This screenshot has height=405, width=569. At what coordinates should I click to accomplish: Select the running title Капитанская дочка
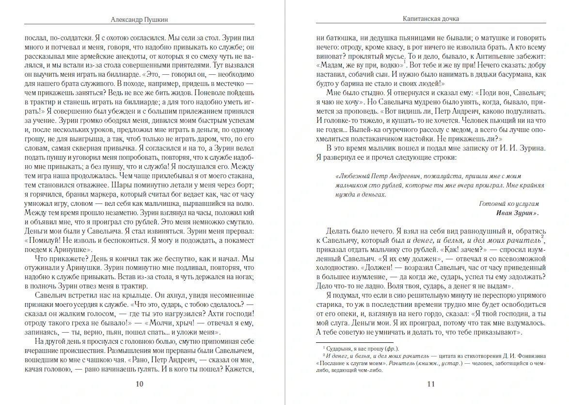coord(431,19)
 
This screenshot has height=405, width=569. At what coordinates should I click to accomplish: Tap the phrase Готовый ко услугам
coord(509,204)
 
